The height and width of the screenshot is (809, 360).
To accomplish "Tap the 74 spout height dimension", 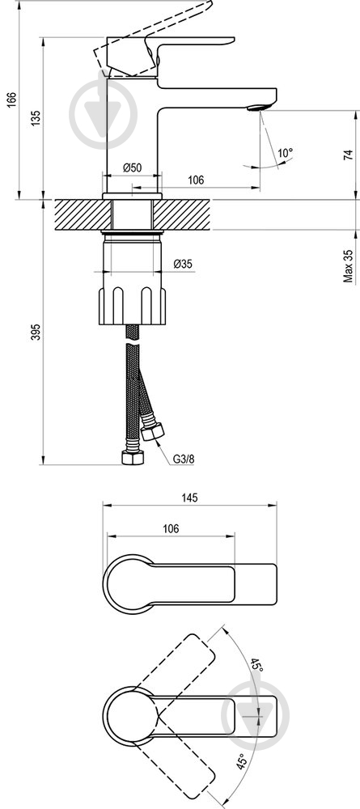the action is coord(349,155).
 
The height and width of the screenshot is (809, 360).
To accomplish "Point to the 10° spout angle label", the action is coord(286,153).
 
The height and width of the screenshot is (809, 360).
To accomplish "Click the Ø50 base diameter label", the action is coord(133,167).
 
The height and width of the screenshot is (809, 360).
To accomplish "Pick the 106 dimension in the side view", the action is coord(196,180).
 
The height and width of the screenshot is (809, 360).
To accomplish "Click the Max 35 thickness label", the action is coord(349,265).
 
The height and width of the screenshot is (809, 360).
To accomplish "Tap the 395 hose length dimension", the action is coord(36,332).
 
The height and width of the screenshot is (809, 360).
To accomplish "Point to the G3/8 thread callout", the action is coord(184,458).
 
